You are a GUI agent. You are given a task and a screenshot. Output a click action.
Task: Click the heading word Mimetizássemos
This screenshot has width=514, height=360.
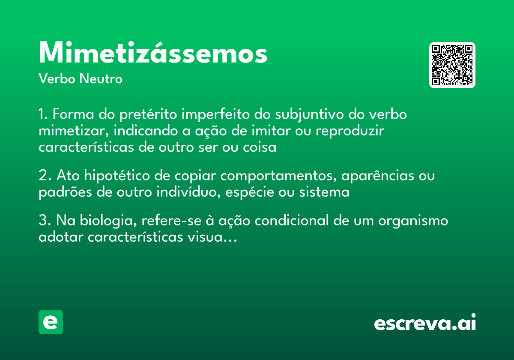[x=153, y=53]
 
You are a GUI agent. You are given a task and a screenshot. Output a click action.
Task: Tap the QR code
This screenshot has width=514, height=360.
[x=452, y=65]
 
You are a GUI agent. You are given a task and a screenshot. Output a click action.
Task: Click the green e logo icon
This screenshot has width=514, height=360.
[x=51, y=322]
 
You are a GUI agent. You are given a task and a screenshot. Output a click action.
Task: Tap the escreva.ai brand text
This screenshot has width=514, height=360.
[x=425, y=323]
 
